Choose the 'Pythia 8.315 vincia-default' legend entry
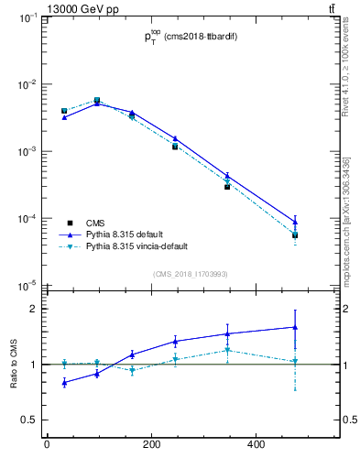point(137,246)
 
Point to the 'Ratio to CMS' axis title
point(14,365)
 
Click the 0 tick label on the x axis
point(47,446)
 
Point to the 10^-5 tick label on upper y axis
point(26,286)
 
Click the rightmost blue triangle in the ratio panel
point(295,327)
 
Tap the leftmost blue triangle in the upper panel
point(64,117)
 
